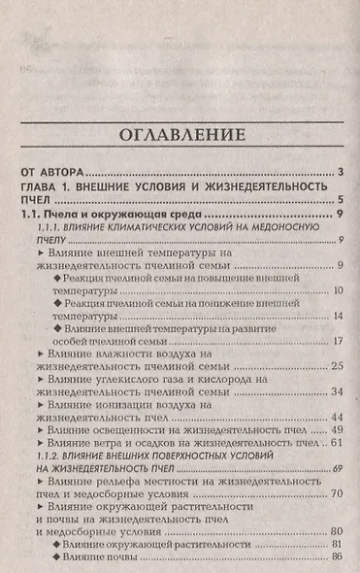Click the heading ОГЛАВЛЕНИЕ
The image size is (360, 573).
pos(180,136)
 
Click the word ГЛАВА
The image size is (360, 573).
pos(45,185)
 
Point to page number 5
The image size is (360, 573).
pos(343,200)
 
